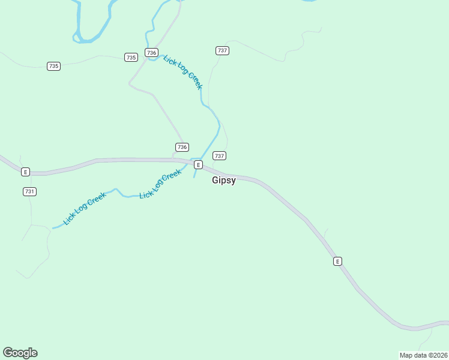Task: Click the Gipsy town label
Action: [x=224, y=180]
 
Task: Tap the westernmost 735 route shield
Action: [x=54, y=66]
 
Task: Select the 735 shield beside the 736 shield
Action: [x=131, y=58]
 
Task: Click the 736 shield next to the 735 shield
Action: [x=151, y=53]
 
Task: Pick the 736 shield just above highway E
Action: [x=182, y=147]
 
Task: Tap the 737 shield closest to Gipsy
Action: [x=219, y=156]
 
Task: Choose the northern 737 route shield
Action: [x=222, y=51]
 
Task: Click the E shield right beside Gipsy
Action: [x=198, y=164]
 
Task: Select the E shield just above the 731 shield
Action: [x=25, y=172]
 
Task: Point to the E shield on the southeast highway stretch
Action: [x=337, y=261]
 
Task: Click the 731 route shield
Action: [x=30, y=191]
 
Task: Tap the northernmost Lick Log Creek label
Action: [x=183, y=73]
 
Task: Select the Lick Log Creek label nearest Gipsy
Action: [x=160, y=185]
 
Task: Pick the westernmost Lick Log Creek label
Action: [x=85, y=208]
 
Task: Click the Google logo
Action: [x=20, y=353]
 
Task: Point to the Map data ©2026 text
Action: [x=423, y=355]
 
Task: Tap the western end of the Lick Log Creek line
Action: [x=53, y=228]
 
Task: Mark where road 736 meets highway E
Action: [x=174, y=159]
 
